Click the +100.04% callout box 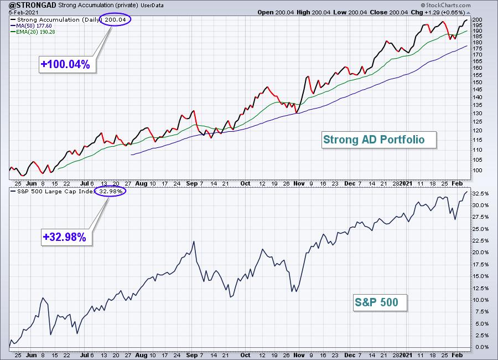(65, 64)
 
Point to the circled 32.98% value (110, 191)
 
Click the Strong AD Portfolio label (373, 140)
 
